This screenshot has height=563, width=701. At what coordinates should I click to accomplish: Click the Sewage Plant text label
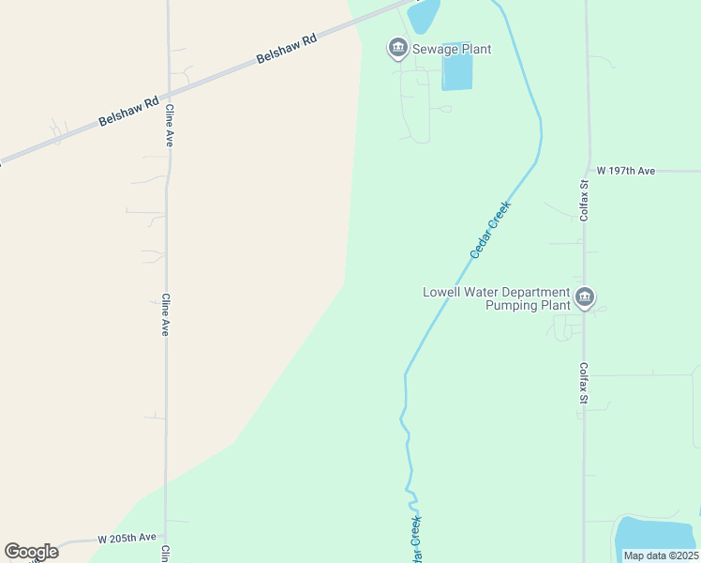point(452,49)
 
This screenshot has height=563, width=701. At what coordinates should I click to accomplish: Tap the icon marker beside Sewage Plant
point(397,48)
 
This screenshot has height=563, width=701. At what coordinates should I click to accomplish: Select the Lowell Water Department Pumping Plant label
point(496,298)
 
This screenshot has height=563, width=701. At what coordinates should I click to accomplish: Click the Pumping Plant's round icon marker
point(585,298)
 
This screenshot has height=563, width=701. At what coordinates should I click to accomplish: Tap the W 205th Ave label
point(127,538)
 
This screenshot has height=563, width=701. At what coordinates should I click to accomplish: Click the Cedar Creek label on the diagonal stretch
point(489,229)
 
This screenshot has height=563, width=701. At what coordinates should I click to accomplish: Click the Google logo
point(31,552)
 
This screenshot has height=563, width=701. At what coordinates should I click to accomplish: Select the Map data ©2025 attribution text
point(661,555)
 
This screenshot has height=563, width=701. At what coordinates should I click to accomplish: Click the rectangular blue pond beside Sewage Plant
point(456,71)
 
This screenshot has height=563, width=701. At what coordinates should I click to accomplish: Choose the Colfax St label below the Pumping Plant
point(583,384)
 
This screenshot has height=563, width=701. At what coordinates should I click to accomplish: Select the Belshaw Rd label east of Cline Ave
point(287,50)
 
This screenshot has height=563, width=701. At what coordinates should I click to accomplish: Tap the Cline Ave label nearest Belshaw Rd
point(170,125)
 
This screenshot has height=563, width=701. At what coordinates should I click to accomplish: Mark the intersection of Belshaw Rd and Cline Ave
point(167,94)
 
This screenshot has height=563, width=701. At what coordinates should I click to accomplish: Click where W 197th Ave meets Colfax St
point(587,172)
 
